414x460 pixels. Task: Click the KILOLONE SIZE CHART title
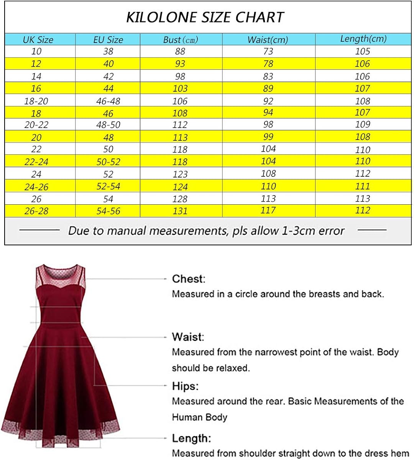(x=205, y=17)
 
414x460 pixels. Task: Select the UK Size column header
(x=38, y=39)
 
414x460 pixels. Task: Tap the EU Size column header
(x=108, y=39)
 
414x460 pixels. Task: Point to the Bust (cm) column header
(x=180, y=39)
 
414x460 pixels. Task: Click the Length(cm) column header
(x=363, y=39)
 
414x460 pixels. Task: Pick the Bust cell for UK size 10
(x=180, y=51)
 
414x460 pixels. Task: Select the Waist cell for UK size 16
(x=268, y=88)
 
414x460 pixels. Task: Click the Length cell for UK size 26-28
(x=363, y=210)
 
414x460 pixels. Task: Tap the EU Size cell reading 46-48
(x=108, y=101)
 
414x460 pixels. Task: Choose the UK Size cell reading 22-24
(x=36, y=162)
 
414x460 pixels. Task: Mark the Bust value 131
(x=180, y=211)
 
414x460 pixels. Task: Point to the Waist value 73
(x=268, y=51)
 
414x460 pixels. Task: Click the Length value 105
(x=363, y=51)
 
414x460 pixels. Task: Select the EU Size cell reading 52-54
(x=108, y=186)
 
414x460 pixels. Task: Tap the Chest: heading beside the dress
(x=189, y=279)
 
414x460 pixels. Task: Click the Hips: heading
(x=185, y=386)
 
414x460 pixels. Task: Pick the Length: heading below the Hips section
(x=191, y=438)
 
